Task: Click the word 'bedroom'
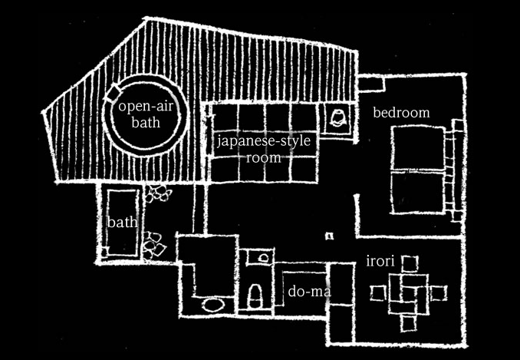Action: pos(401,113)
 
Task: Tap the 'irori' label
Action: pos(380,262)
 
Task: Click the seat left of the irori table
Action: pos(377,293)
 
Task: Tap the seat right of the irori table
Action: pos(438,292)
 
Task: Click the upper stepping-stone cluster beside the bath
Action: pos(157,193)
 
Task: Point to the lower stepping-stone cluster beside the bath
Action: pos(156,244)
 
